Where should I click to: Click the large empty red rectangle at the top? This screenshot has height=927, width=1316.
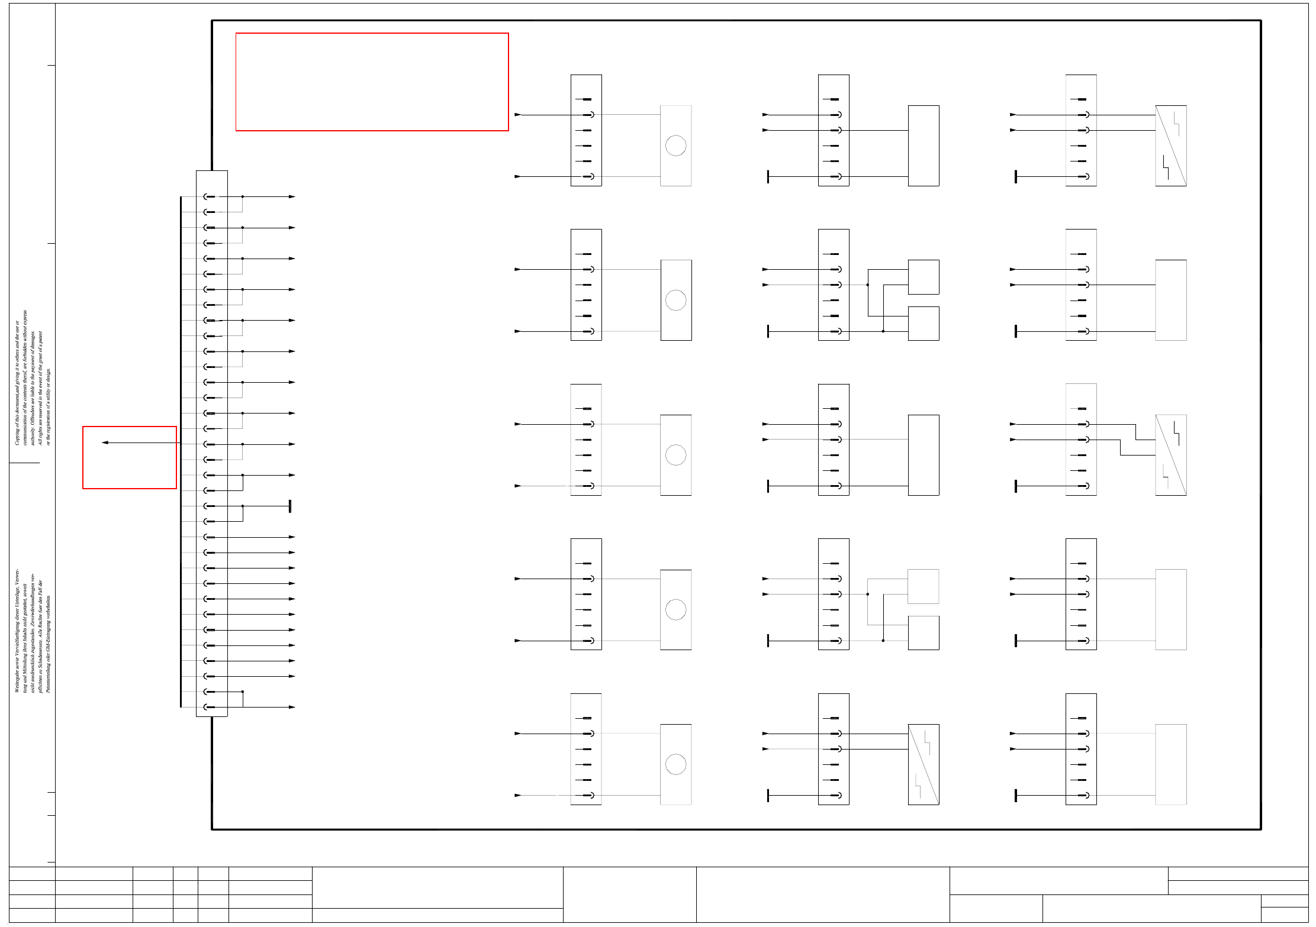pos(372,82)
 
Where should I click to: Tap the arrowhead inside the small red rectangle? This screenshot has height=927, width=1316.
pos(105,442)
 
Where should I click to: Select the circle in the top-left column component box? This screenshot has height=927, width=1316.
pos(675,146)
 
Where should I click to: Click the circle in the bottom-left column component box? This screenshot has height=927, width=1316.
pos(675,764)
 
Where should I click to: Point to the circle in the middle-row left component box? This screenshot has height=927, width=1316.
pos(675,455)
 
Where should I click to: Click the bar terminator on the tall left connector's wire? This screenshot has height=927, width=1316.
pos(289,506)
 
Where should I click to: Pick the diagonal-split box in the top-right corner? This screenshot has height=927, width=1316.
pos(1170,146)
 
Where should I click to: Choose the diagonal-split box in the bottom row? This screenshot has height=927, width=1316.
pos(923,764)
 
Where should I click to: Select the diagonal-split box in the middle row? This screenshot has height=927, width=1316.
pos(1170,455)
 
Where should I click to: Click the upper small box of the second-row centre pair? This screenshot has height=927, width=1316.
pos(923,277)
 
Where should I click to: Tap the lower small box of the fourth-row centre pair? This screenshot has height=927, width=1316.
pos(923,632)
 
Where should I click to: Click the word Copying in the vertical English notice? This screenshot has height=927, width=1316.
pos(17,435)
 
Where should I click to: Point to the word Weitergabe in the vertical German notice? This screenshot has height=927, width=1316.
pos(17,680)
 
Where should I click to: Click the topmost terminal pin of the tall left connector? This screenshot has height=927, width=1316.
pos(209,197)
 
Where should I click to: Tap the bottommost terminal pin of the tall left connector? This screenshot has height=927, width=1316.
pos(209,707)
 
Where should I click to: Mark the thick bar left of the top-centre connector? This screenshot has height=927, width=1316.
pos(768,176)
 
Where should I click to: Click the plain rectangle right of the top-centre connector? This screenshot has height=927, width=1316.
pos(923,146)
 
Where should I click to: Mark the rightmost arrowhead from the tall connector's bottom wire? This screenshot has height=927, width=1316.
pos(292,707)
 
